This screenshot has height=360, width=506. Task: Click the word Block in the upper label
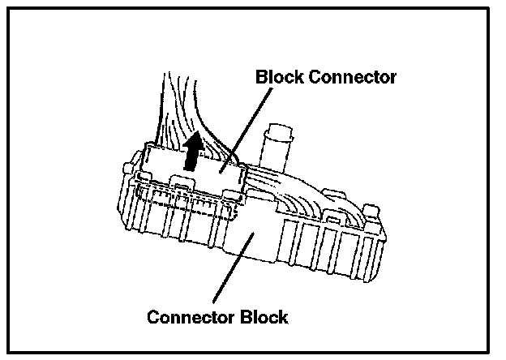click(x=277, y=78)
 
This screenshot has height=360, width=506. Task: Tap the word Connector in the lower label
click(x=192, y=316)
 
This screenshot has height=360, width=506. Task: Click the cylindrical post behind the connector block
click(x=277, y=143)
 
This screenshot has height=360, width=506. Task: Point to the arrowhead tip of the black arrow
click(x=192, y=133)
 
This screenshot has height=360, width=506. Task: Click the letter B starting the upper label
click(x=261, y=78)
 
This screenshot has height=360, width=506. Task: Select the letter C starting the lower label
click(x=153, y=316)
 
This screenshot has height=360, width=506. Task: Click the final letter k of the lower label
click(x=282, y=316)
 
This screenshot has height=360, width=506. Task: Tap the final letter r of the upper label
click(x=392, y=78)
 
